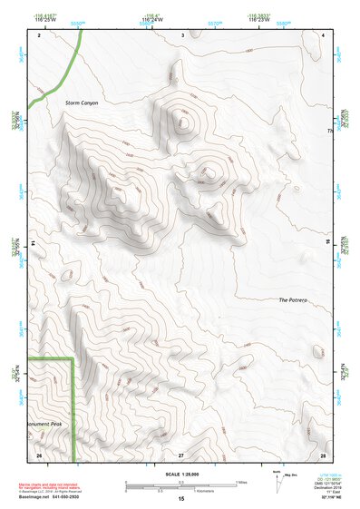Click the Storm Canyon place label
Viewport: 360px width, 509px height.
coord(82,103)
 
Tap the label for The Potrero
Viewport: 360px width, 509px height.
coord(295,299)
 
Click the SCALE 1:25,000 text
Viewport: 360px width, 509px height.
coord(180,474)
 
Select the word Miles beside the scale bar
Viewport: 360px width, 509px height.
coord(242,482)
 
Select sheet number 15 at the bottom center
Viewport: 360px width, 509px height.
coord(180,499)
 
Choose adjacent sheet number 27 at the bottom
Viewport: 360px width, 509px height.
coord(180,454)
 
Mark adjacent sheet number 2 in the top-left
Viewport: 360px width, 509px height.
coord(39,34)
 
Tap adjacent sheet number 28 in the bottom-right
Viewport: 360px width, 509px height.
coord(322,454)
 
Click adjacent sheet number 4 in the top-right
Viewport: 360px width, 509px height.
coord(323,34)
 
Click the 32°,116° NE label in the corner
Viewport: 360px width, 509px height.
coord(324,501)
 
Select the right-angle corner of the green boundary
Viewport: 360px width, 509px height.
coord(73,360)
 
